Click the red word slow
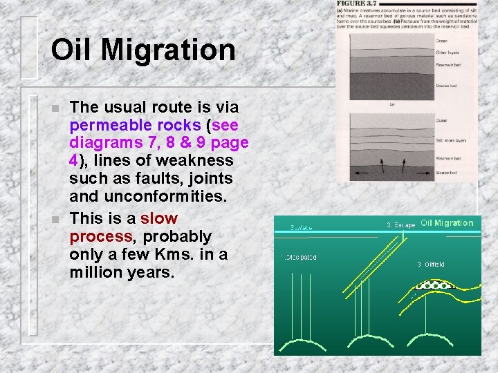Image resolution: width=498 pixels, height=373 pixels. [159, 219]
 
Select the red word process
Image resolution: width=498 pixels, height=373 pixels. [100, 236]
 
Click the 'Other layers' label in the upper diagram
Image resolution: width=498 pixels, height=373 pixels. [447, 52]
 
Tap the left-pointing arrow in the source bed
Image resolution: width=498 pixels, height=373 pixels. [358, 170]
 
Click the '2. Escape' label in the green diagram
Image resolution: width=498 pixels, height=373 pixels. [400, 224]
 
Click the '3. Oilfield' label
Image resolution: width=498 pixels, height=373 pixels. [431, 264]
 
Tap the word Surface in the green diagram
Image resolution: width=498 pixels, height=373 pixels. [302, 226]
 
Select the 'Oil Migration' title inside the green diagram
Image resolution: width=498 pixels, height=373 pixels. [447, 223]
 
